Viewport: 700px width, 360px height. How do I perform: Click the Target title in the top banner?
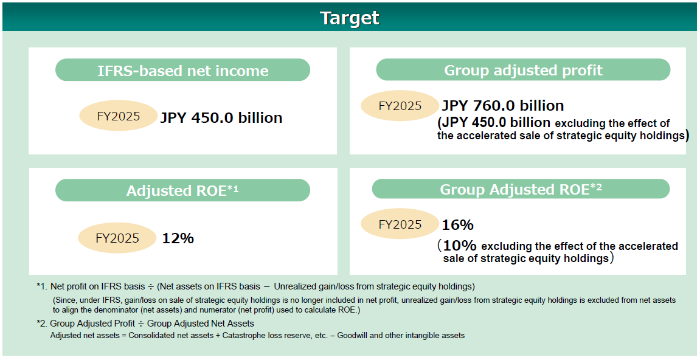click(x=350, y=18)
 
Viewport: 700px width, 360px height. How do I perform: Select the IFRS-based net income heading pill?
click(x=182, y=70)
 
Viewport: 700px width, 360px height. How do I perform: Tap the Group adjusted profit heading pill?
click(x=523, y=70)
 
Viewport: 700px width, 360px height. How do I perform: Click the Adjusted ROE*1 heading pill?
click(x=182, y=190)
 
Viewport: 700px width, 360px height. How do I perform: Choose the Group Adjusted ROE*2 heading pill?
click(x=521, y=189)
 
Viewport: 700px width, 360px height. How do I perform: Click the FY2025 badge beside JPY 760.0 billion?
click(x=400, y=106)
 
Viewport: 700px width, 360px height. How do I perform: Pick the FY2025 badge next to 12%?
click(x=117, y=238)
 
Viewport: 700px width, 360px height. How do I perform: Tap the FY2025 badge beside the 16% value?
click(x=400, y=224)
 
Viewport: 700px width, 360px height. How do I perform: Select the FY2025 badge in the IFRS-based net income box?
click(x=119, y=116)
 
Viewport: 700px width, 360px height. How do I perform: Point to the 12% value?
click(x=178, y=238)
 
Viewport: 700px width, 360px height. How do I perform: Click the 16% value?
click(x=457, y=224)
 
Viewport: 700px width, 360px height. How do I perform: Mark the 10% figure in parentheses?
click(x=460, y=245)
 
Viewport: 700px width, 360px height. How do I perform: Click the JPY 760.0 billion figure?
click(x=503, y=105)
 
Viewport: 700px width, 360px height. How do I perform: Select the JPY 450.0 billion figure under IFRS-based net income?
click(x=221, y=117)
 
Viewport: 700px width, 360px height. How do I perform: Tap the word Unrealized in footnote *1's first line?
click(x=293, y=286)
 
